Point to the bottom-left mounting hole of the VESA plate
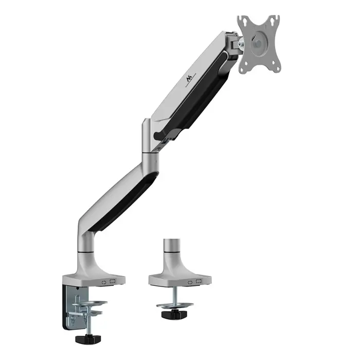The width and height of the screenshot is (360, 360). click(246, 65)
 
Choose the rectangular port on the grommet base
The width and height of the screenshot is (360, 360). click(197, 282)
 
